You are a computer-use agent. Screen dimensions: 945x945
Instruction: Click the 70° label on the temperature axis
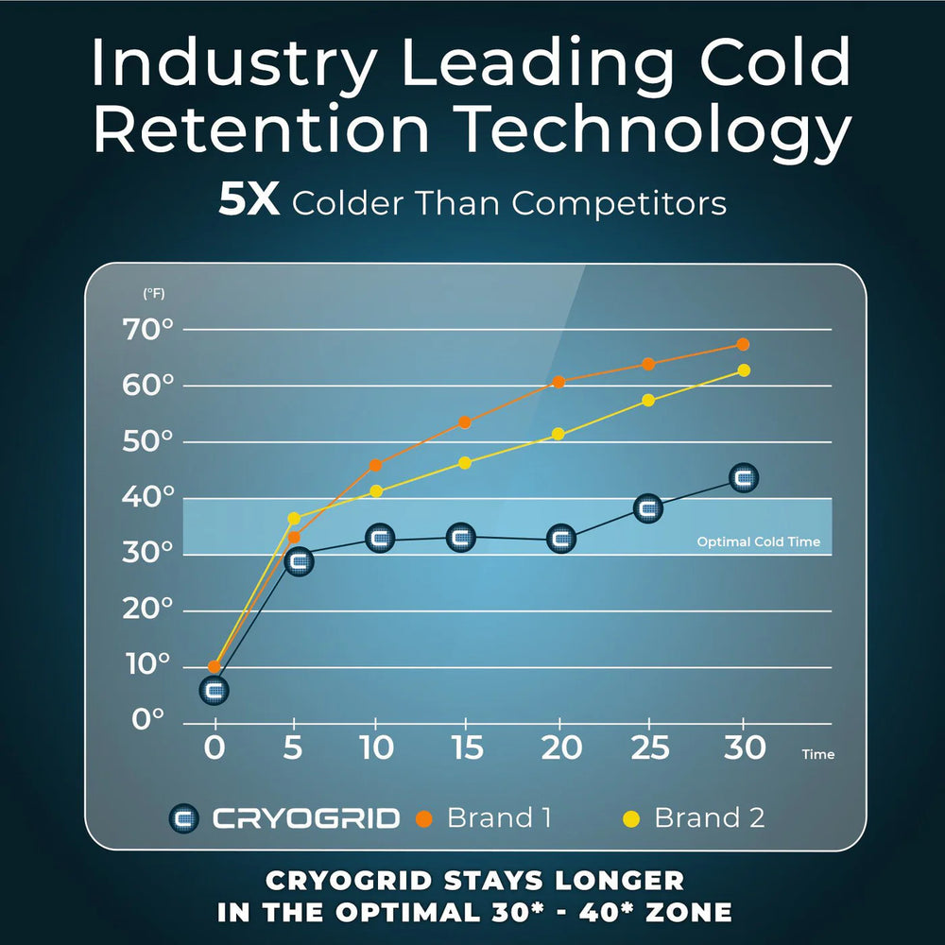(148, 330)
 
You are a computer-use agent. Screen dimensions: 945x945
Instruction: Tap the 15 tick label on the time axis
(467, 747)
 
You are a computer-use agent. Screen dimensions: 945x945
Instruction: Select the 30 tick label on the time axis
(744, 747)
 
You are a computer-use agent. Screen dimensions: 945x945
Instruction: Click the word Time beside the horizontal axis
(817, 755)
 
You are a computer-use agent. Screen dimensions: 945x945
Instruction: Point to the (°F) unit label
(153, 294)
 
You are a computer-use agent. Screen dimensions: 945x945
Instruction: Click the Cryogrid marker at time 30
(744, 478)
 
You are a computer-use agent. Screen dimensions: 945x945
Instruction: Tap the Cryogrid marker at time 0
(215, 691)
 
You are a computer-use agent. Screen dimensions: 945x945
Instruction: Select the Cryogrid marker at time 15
(460, 538)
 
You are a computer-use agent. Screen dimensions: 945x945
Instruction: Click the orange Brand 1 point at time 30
(743, 345)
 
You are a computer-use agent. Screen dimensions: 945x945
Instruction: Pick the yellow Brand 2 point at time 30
(744, 370)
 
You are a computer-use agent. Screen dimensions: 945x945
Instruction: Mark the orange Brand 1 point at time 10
(376, 465)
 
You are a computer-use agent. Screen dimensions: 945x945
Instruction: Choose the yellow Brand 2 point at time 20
(558, 434)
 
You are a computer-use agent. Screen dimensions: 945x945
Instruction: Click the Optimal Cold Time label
(758, 542)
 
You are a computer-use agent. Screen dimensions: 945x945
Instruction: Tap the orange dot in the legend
(425, 818)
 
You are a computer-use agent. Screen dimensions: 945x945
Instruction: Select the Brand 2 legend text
(709, 817)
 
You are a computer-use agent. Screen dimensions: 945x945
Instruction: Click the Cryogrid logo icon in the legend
(184, 818)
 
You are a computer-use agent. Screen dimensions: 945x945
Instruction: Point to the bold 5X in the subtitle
(249, 202)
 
